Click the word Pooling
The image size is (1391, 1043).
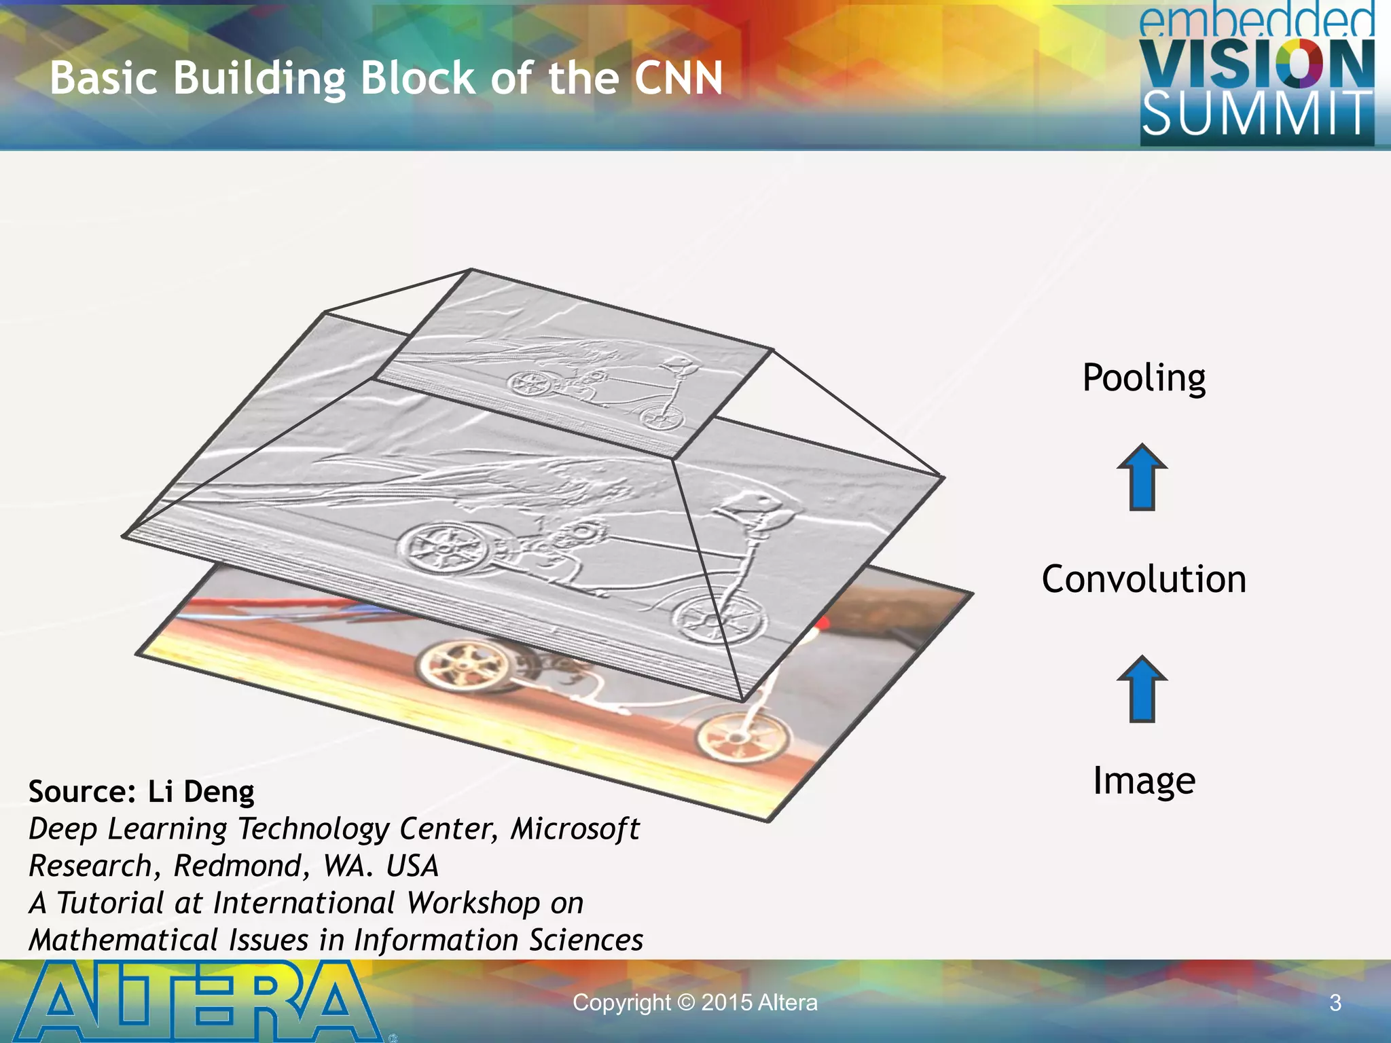click(x=1144, y=378)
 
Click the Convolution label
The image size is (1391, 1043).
click(x=1144, y=579)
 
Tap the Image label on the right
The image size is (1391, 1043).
click(x=1144, y=780)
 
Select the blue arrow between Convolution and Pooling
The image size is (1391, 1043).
click(x=1142, y=477)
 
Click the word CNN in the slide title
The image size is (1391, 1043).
click(x=678, y=77)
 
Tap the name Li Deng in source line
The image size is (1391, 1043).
click(x=201, y=792)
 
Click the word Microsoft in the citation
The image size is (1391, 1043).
click(x=575, y=828)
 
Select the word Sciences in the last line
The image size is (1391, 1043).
click(x=585, y=940)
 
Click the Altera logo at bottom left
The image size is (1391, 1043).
click(x=197, y=1002)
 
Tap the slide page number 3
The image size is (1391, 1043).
click(x=1335, y=1003)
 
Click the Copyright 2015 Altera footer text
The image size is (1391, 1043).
click(x=695, y=1002)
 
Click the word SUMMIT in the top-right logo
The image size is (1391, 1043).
click(x=1257, y=114)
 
